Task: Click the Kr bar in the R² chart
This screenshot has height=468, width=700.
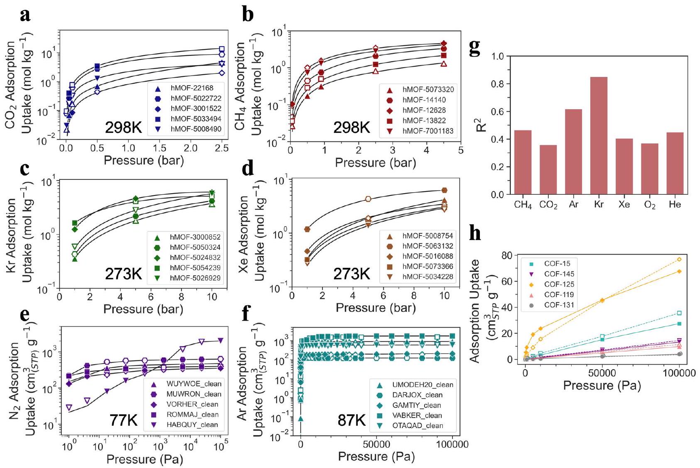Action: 599,136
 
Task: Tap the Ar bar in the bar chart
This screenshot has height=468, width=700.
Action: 573,152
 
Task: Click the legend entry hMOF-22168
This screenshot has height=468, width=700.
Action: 192,88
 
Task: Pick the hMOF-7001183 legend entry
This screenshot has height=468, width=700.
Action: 428,131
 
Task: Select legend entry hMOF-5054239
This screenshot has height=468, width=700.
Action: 195,268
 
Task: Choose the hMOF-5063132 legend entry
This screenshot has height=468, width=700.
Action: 427,246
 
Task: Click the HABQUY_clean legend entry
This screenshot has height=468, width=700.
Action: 192,425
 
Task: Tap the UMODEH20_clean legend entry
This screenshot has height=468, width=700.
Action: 422,385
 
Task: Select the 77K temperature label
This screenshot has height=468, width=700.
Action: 123,420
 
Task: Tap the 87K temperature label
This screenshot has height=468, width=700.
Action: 351,420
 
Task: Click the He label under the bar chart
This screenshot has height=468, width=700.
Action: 675,204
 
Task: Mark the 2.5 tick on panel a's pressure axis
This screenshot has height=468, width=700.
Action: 222,148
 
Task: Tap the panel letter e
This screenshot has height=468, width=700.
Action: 25,315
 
